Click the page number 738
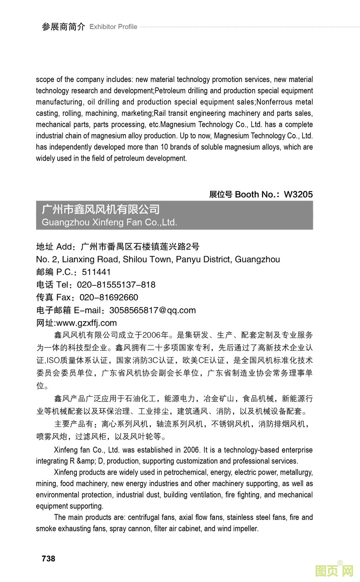tap(48, 558)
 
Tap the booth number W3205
tap(298, 194)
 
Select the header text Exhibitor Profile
tap(113, 27)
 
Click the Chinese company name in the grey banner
tap(101, 210)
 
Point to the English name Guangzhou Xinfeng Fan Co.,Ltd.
tap(109, 222)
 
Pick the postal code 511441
tap(96, 272)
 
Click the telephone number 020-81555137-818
tap(116, 285)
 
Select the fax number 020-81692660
tap(109, 297)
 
